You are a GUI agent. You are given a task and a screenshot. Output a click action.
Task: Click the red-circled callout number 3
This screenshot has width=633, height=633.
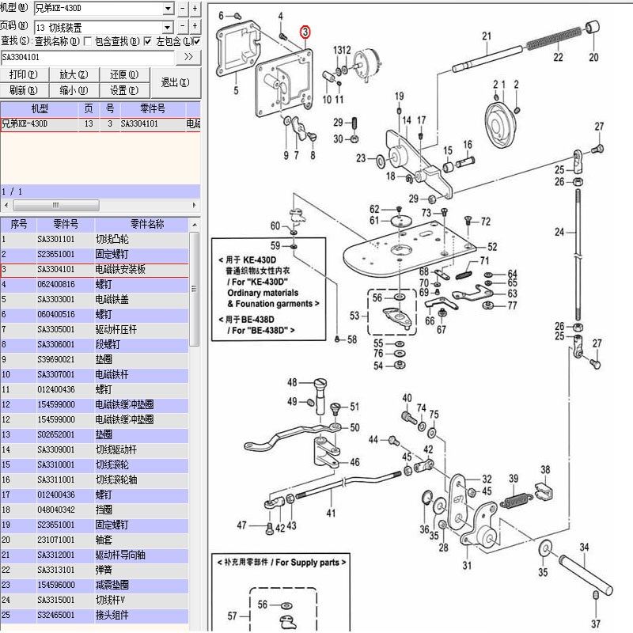tap(306, 32)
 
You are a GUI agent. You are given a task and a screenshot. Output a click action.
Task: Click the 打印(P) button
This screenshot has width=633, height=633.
tap(23, 74)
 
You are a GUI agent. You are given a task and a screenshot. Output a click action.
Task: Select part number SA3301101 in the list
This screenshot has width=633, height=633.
tap(57, 239)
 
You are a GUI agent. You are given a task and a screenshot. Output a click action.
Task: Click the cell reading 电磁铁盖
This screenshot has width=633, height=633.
tap(114, 299)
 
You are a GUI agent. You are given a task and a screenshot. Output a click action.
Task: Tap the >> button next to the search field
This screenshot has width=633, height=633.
tap(188, 57)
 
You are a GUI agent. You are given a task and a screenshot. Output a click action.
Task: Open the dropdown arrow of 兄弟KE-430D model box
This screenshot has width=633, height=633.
tap(168, 9)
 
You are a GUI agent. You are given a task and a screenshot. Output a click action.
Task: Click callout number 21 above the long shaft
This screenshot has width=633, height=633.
tap(487, 36)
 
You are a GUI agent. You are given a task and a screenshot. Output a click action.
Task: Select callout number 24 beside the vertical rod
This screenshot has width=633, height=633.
tap(559, 233)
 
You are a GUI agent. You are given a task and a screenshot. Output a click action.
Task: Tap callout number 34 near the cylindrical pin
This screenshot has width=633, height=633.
tap(585, 547)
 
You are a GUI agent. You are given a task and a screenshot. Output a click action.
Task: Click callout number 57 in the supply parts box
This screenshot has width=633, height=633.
tap(232, 615)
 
